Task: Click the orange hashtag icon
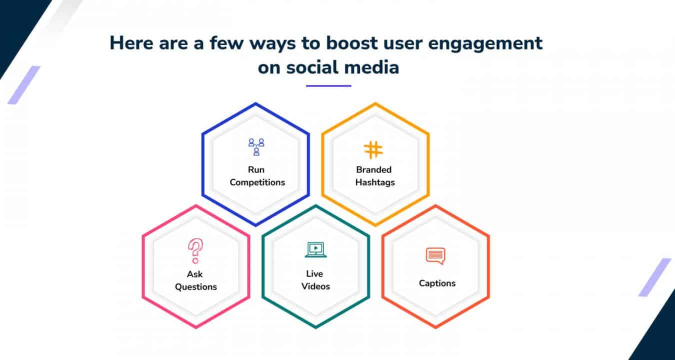click(373, 149)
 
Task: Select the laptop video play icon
click(315, 249)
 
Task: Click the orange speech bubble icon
click(435, 256)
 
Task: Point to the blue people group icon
click(256, 146)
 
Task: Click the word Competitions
click(257, 182)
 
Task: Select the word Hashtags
click(375, 182)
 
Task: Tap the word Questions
click(196, 286)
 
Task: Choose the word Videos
click(315, 286)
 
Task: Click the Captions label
click(437, 283)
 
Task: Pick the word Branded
click(373, 169)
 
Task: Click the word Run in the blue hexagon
click(256, 169)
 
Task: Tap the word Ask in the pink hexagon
click(194, 274)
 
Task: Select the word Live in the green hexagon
click(314, 273)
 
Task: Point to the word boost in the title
click(351, 43)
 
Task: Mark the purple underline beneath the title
click(328, 86)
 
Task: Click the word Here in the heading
click(131, 43)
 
